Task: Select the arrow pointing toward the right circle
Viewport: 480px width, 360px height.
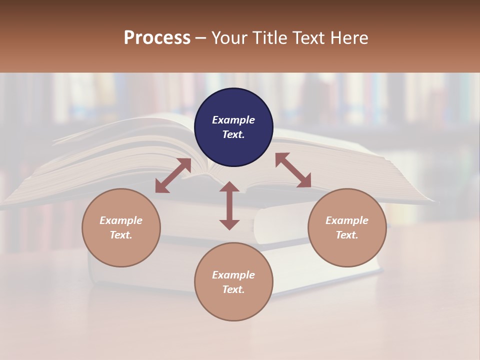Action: pos(293,170)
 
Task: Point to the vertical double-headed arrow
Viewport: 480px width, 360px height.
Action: pos(229,205)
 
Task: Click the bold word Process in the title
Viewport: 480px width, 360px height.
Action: pos(157,38)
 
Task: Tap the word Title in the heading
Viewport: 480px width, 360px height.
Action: pos(269,38)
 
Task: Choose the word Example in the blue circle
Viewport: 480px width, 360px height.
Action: pos(233,120)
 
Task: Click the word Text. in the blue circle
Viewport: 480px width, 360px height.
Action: pos(233,134)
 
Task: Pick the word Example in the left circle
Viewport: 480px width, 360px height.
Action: pos(121,220)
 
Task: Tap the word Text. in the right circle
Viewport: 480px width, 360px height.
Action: pos(347,235)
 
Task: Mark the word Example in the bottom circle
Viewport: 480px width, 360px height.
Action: pos(233,275)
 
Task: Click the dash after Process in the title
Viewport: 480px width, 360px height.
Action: pos(200,38)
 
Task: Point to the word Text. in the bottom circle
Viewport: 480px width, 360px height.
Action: pos(233,289)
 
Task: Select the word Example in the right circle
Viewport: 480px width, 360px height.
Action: pos(347,220)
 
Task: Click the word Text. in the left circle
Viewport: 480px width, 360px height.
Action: pos(121,235)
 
